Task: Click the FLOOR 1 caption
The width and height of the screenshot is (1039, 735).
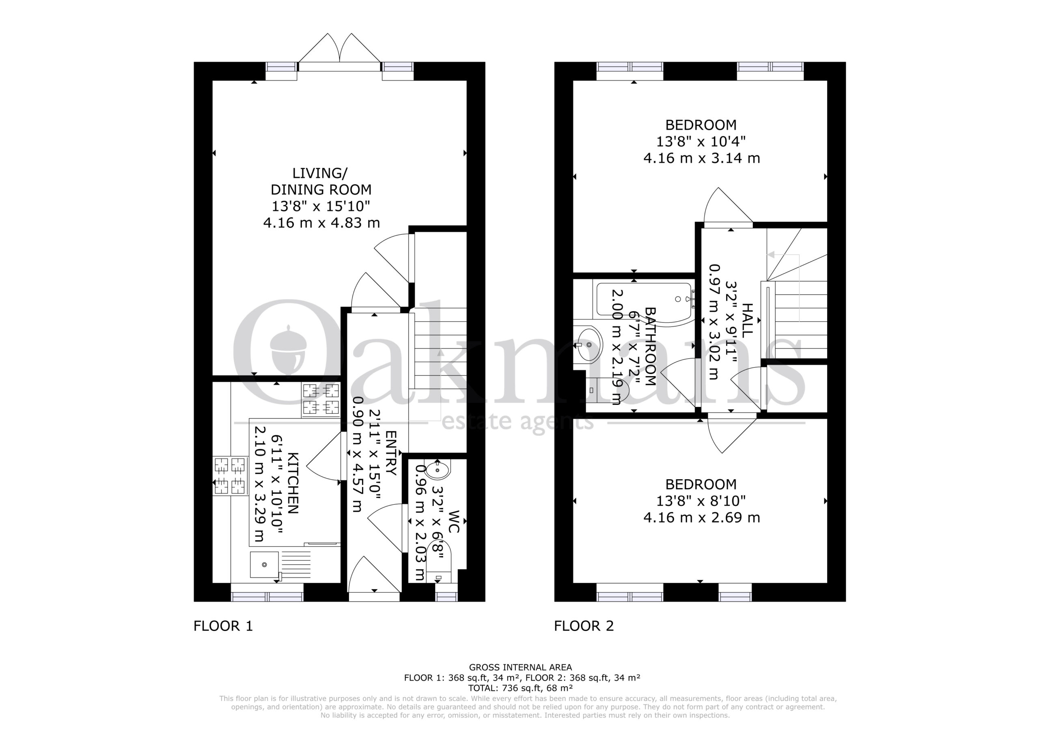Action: point(223,626)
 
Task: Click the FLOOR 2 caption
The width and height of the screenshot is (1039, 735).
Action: point(584,626)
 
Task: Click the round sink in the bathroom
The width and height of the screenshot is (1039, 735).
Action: point(588,345)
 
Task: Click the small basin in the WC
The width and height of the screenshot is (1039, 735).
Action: point(438,470)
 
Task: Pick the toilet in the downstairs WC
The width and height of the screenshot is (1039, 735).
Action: point(438,570)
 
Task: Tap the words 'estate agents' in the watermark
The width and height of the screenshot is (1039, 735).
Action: point(517,422)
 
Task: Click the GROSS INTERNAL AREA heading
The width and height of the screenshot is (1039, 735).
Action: point(520,667)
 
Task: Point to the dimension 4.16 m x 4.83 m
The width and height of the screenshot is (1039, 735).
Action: point(321,223)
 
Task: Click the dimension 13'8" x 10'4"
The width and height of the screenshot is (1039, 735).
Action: point(701,142)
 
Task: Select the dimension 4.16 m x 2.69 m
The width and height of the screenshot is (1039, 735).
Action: point(702,517)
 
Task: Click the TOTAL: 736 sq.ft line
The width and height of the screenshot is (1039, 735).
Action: point(520,688)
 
